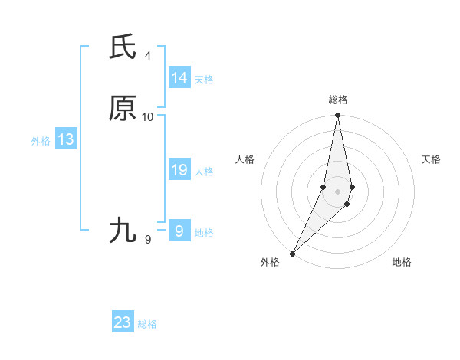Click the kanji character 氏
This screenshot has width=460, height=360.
(123, 47)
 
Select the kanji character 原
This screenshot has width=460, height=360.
(123, 109)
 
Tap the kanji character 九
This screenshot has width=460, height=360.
(123, 231)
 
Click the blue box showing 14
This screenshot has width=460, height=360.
(179, 78)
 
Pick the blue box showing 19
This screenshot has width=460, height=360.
(179, 170)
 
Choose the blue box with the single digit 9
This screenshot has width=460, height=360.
(179, 231)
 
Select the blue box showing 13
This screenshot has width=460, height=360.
(66, 139)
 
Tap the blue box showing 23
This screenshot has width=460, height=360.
(123, 322)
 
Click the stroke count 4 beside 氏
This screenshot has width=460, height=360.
(147, 56)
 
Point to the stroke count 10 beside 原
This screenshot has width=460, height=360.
(148, 117)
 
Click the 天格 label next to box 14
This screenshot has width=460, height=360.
(204, 80)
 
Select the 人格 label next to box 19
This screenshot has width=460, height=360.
(204, 172)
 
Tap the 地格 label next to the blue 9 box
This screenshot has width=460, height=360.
(204, 233)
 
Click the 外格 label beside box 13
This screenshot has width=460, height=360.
(41, 141)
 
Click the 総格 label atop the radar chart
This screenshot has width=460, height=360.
(338, 100)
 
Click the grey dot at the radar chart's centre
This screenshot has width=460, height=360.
(337, 191)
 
